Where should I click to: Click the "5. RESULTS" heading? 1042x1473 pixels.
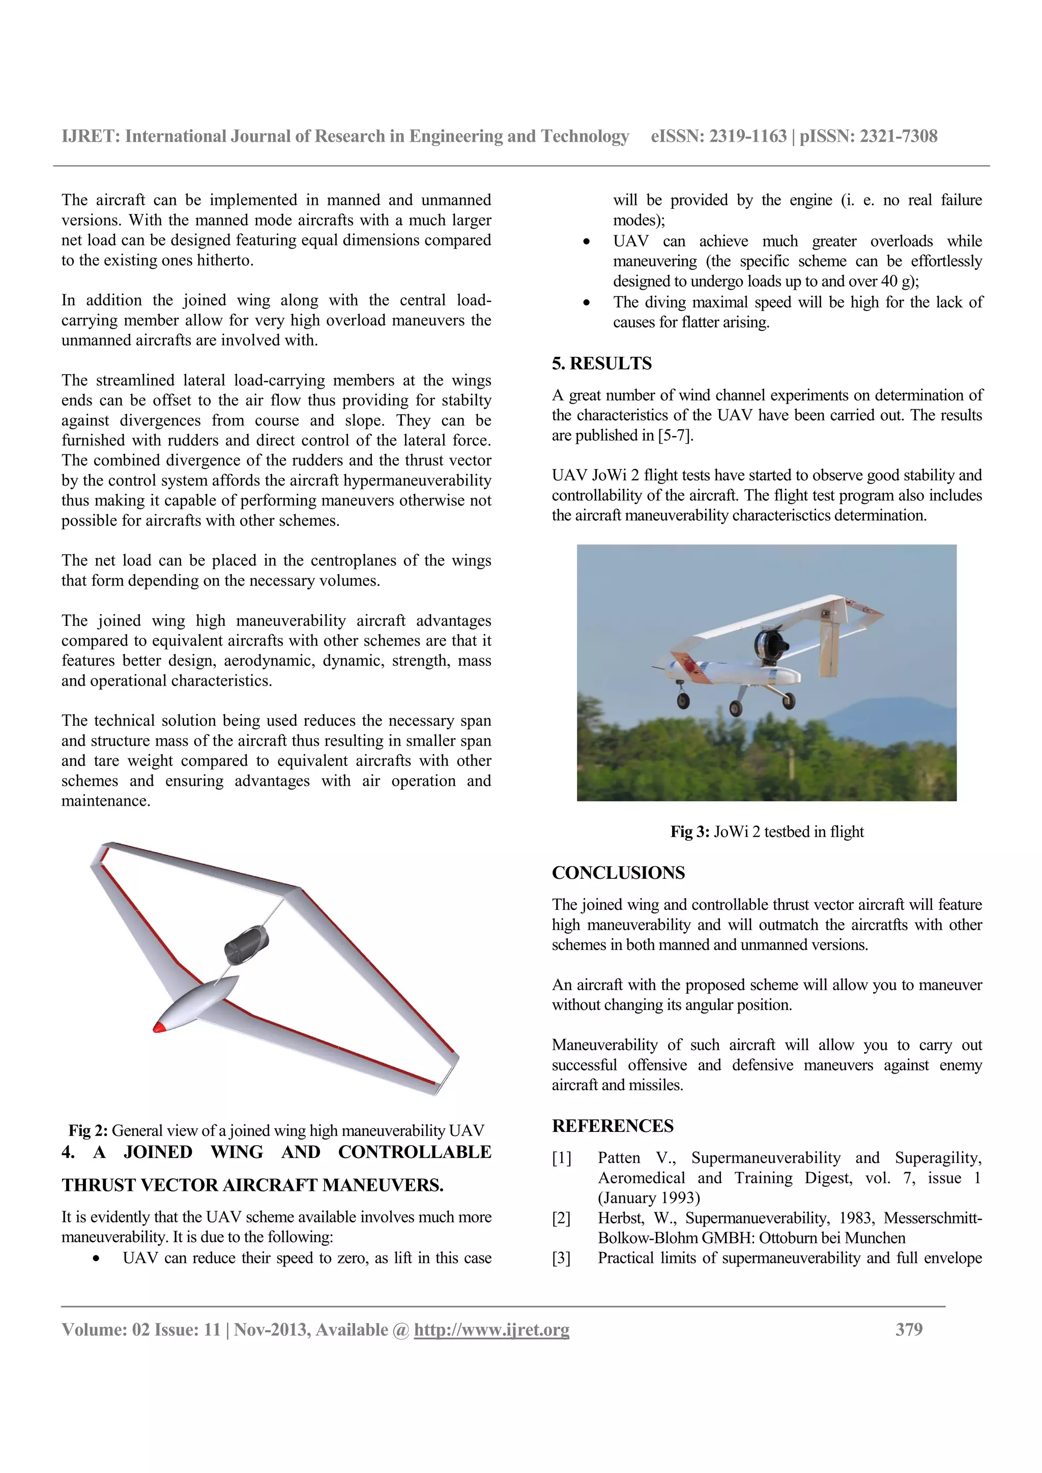(601, 364)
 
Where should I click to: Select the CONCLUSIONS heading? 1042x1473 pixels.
(618, 873)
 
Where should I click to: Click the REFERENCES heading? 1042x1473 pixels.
(613, 1126)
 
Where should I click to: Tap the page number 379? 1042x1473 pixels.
(909, 1329)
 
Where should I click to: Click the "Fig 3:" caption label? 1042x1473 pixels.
(689, 832)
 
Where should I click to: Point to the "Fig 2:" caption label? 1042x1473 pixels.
(88, 1130)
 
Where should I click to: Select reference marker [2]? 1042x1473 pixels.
(561, 1218)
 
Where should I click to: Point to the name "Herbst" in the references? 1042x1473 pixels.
(620, 1218)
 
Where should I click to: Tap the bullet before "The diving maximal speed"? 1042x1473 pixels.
(586, 303)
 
